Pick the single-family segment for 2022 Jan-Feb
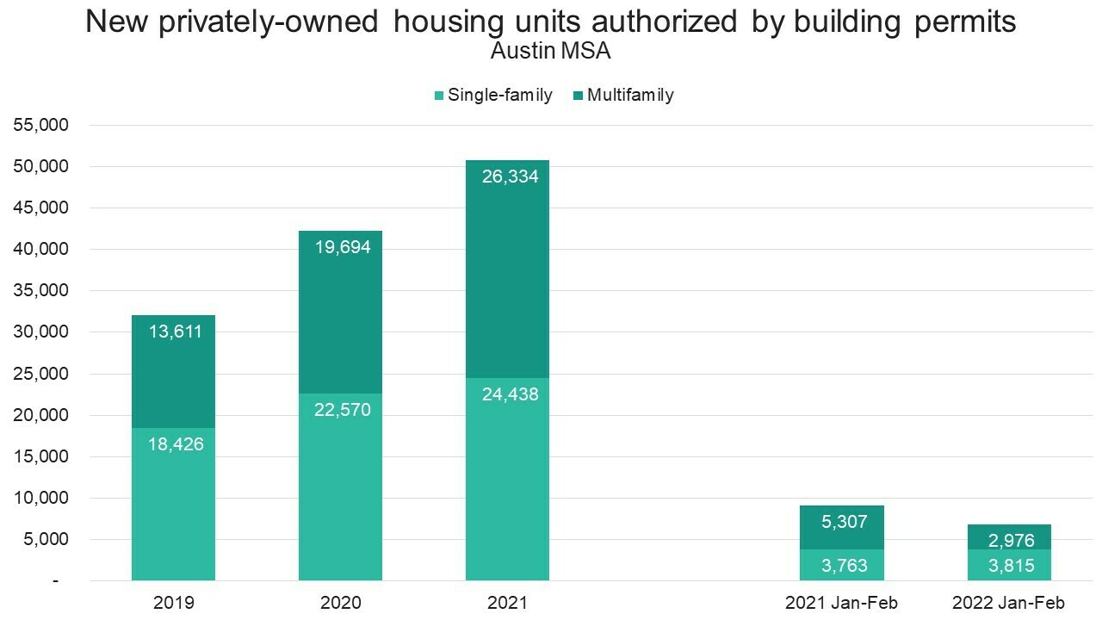(x=1009, y=565)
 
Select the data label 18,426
(x=176, y=445)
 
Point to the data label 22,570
(x=343, y=410)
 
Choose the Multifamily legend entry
(x=629, y=95)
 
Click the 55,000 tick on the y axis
(x=40, y=125)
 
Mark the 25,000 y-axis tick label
(x=40, y=374)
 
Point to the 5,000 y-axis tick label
(x=45, y=540)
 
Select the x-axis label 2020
(x=340, y=603)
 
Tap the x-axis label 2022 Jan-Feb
(x=1009, y=603)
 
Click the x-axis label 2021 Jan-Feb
(x=841, y=603)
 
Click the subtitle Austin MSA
(x=550, y=51)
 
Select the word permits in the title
(x=963, y=22)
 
